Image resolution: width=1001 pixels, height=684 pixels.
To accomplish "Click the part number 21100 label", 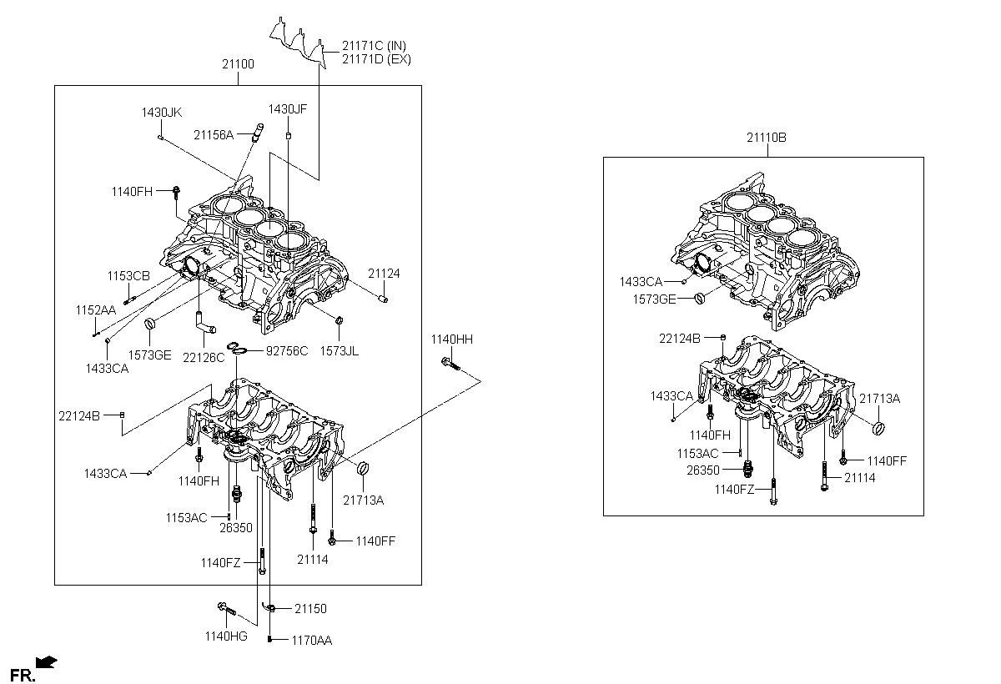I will click(x=238, y=64).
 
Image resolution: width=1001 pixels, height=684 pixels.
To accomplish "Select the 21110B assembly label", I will click(x=766, y=138).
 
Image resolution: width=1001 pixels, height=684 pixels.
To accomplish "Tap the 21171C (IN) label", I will click(x=374, y=45).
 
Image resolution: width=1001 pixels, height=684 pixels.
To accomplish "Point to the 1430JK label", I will click(x=161, y=112).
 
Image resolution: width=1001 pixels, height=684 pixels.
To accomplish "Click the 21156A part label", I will click(x=214, y=134).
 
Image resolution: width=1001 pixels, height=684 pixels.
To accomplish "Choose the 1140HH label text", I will click(x=451, y=339).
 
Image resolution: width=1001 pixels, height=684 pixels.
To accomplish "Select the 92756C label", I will click(x=287, y=351).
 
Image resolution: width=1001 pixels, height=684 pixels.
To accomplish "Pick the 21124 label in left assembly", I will click(x=384, y=273).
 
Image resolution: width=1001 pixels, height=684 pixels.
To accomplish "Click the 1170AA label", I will click(x=311, y=641).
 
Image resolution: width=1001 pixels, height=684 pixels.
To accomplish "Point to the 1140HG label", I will click(x=226, y=636).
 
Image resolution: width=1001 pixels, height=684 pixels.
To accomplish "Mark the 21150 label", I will click(x=309, y=610).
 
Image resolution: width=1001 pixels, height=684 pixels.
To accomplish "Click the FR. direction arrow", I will click(x=48, y=662).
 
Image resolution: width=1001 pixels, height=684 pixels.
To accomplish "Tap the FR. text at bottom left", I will click(x=21, y=673).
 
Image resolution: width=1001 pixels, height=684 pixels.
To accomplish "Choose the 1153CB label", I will click(x=128, y=276).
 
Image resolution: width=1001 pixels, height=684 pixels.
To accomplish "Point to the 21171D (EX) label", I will click(x=375, y=59).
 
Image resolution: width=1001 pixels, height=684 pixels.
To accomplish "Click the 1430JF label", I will click(x=288, y=108).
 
